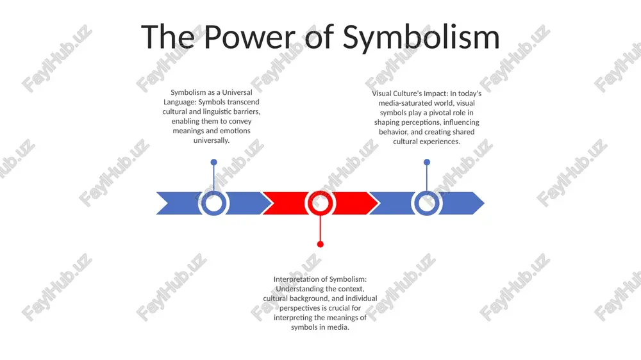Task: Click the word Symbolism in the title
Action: click(421, 38)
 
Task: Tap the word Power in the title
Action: click(249, 37)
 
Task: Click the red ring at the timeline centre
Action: click(320, 203)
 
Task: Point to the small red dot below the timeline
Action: click(320, 244)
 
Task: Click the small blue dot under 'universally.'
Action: click(214, 162)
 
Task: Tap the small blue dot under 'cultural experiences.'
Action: click(427, 162)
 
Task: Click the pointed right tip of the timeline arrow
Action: click(484, 203)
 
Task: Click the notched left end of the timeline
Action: click(169, 203)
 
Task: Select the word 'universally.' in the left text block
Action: click(212, 140)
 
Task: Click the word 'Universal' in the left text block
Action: click(237, 92)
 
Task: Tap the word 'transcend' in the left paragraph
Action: click(244, 102)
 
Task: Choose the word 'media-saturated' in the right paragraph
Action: click(403, 103)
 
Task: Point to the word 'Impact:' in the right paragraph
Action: click(435, 94)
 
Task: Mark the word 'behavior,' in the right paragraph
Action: click(394, 132)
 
